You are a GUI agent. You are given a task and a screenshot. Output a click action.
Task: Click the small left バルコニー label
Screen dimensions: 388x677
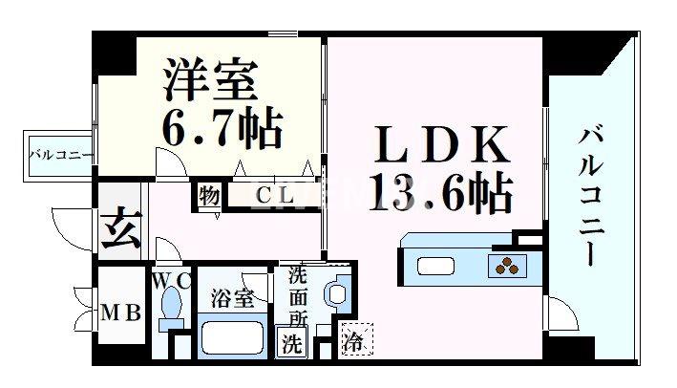(x=59, y=154)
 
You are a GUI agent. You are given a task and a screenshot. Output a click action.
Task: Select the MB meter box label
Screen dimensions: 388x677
(x=122, y=313)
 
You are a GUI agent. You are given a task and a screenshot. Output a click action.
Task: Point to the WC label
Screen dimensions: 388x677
(x=172, y=281)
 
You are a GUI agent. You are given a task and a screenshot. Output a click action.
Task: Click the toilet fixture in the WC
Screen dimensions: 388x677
(x=172, y=309)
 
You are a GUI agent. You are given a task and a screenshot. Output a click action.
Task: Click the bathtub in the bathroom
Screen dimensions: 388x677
(x=235, y=338)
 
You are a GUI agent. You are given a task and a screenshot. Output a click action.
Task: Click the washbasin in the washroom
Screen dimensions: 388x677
(x=336, y=291)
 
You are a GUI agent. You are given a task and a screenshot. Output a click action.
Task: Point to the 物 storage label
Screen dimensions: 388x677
(x=209, y=195)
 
